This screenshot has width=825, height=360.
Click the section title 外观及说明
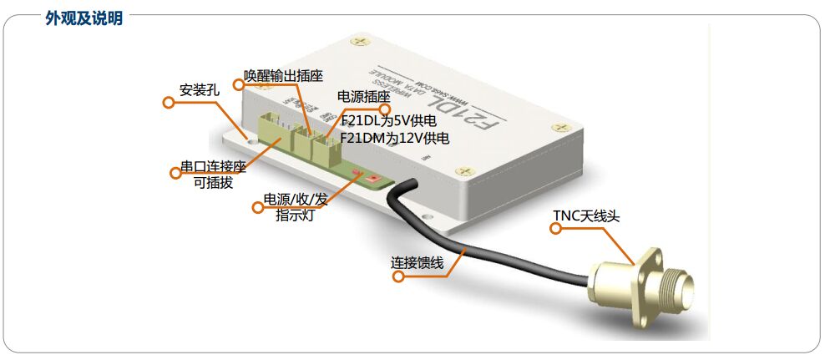coord(84,18)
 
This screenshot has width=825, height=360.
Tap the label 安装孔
coord(200,89)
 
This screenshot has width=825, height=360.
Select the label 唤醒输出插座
coord(283,75)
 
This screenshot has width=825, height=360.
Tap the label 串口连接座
coord(213,167)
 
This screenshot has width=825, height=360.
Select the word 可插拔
coord(213,183)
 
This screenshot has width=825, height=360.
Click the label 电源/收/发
coord(296,200)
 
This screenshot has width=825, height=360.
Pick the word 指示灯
coord(296,216)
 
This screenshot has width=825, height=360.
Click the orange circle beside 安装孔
coord(168,102)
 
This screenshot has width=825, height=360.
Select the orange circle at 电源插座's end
coord(385,109)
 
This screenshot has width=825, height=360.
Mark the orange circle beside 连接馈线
coord(398,275)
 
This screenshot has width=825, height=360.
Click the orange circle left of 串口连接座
coord(175,173)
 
